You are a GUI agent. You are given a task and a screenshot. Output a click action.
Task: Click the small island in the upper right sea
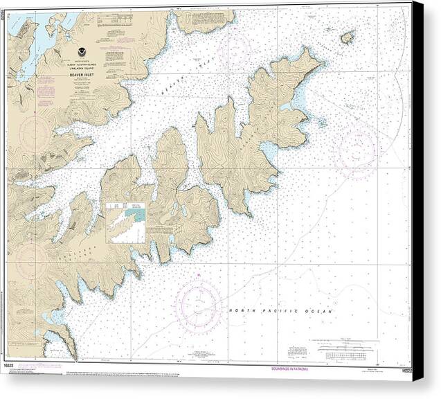[x=347, y=37]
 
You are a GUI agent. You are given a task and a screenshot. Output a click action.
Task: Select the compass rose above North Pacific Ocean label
[x=199, y=303]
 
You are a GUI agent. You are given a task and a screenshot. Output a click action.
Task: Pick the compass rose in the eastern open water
[x=355, y=146]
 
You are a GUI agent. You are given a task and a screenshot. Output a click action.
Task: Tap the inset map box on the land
[x=126, y=222]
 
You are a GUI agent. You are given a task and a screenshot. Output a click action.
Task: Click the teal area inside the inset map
[x=141, y=216]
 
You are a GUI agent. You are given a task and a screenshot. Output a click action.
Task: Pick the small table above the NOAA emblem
[x=111, y=28]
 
